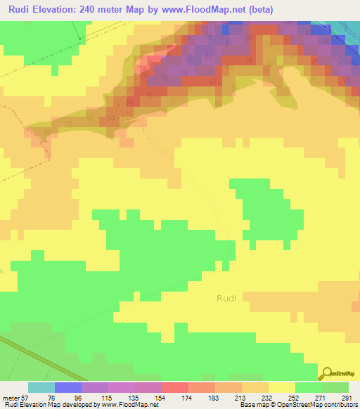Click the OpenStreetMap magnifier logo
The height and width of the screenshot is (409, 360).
(x=326, y=373)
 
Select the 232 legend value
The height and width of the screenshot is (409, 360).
(x=269, y=398)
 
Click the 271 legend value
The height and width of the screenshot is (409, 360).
(x=323, y=398)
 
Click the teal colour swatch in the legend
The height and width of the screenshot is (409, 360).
(x=41, y=387)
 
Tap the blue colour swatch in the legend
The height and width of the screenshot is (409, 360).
(x=68, y=387)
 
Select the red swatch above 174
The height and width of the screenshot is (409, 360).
(x=175, y=387)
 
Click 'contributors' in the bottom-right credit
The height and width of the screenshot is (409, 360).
(x=337, y=405)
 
